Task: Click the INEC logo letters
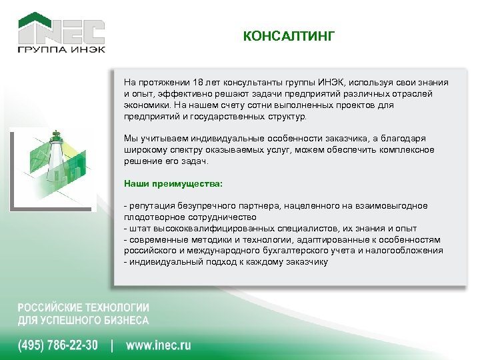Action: point(61,31)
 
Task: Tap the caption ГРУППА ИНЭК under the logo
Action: point(61,50)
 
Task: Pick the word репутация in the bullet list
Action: point(151,206)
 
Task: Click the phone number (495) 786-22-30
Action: point(58,345)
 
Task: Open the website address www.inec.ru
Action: point(159,345)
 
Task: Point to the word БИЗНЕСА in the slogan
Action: point(123,320)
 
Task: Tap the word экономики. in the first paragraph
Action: point(145,105)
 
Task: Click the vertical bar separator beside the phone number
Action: point(112,345)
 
